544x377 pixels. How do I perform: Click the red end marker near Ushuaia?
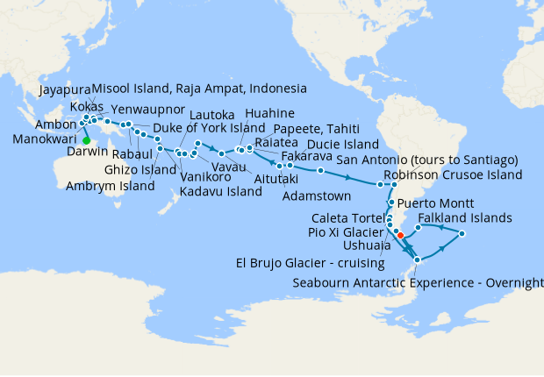pyautogui.click(x=400, y=234)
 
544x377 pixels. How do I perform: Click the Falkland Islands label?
pyautogui.click(x=465, y=217)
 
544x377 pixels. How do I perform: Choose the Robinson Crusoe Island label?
pyautogui.click(x=457, y=174)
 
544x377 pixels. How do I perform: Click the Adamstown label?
pyautogui.click(x=317, y=196)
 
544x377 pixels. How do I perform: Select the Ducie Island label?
pyautogui.click(x=343, y=144)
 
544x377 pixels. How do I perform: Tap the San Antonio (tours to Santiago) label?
pyautogui.click(x=427, y=160)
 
